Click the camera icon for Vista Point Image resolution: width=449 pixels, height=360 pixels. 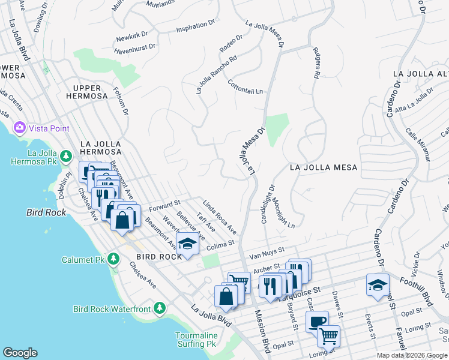click(x=19, y=128)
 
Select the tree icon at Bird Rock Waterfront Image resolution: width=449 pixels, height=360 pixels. click(x=158, y=308)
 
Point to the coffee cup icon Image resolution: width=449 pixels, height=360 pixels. click(x=316, y=321)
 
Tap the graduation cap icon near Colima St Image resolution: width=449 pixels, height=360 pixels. click(x=187, y=244)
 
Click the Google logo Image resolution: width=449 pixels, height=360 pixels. click(x=19, y=353)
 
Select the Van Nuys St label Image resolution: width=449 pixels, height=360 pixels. click(x=267, y=252)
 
